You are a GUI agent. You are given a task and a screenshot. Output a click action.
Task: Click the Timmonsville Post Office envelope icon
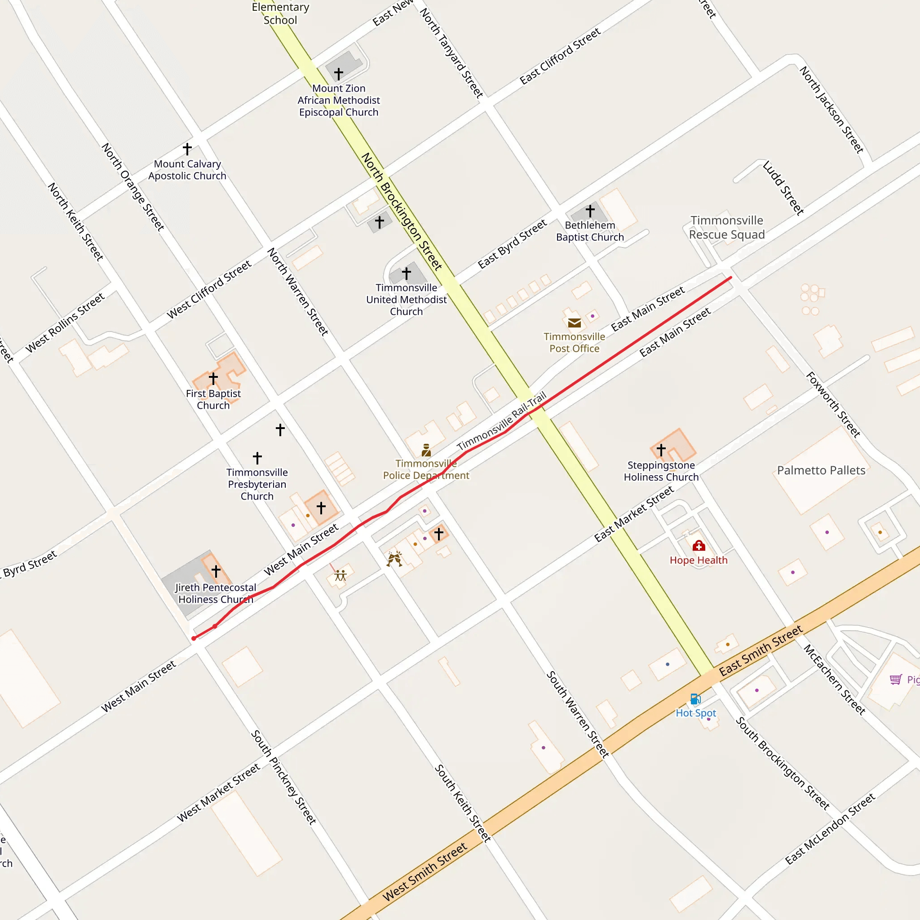point(574,323)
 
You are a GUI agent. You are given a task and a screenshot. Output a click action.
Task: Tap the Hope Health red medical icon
point(699,546)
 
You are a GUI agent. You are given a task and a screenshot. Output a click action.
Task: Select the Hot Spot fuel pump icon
point(695,699)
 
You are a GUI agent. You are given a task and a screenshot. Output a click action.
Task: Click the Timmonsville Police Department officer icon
point(426,450)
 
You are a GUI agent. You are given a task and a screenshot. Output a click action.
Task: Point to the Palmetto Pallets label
point(821,470)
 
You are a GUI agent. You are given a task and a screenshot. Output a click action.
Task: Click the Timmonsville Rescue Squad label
point(727,228)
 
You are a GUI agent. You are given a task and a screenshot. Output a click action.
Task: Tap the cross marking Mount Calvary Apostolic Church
point(188,149)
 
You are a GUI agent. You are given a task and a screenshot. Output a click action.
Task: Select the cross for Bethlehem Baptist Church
point(590,211)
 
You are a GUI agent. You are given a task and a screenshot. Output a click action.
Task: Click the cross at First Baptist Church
point(213,379)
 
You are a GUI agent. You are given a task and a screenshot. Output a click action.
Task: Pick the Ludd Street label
point(783,188)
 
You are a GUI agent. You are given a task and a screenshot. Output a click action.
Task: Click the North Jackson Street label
point(832,110)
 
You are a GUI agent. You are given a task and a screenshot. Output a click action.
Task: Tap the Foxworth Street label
point(833,405)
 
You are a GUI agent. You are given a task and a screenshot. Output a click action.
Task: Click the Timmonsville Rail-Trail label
point(501,421)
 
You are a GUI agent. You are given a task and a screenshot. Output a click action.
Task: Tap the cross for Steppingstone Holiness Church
point(661,450)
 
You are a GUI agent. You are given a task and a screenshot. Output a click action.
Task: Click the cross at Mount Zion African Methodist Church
point(339,74)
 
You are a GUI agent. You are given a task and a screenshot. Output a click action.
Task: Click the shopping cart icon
point(896,679)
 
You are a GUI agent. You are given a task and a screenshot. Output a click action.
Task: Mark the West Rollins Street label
point(65,323)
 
